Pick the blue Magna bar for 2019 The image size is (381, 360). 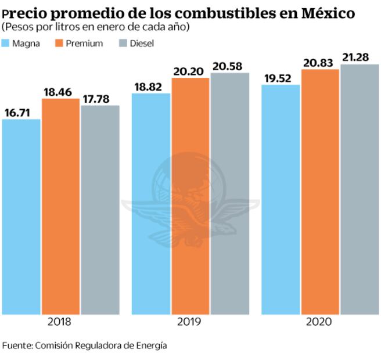tap(151, 204)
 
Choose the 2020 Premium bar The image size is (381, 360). tap(320, 192)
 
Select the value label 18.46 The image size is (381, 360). tap(60, 91)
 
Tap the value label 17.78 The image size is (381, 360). tap(100, 98)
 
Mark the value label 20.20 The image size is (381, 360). tap(190, 70)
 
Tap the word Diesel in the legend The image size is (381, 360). tap(142, 44)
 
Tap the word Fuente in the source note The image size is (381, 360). tap(16, 345)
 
